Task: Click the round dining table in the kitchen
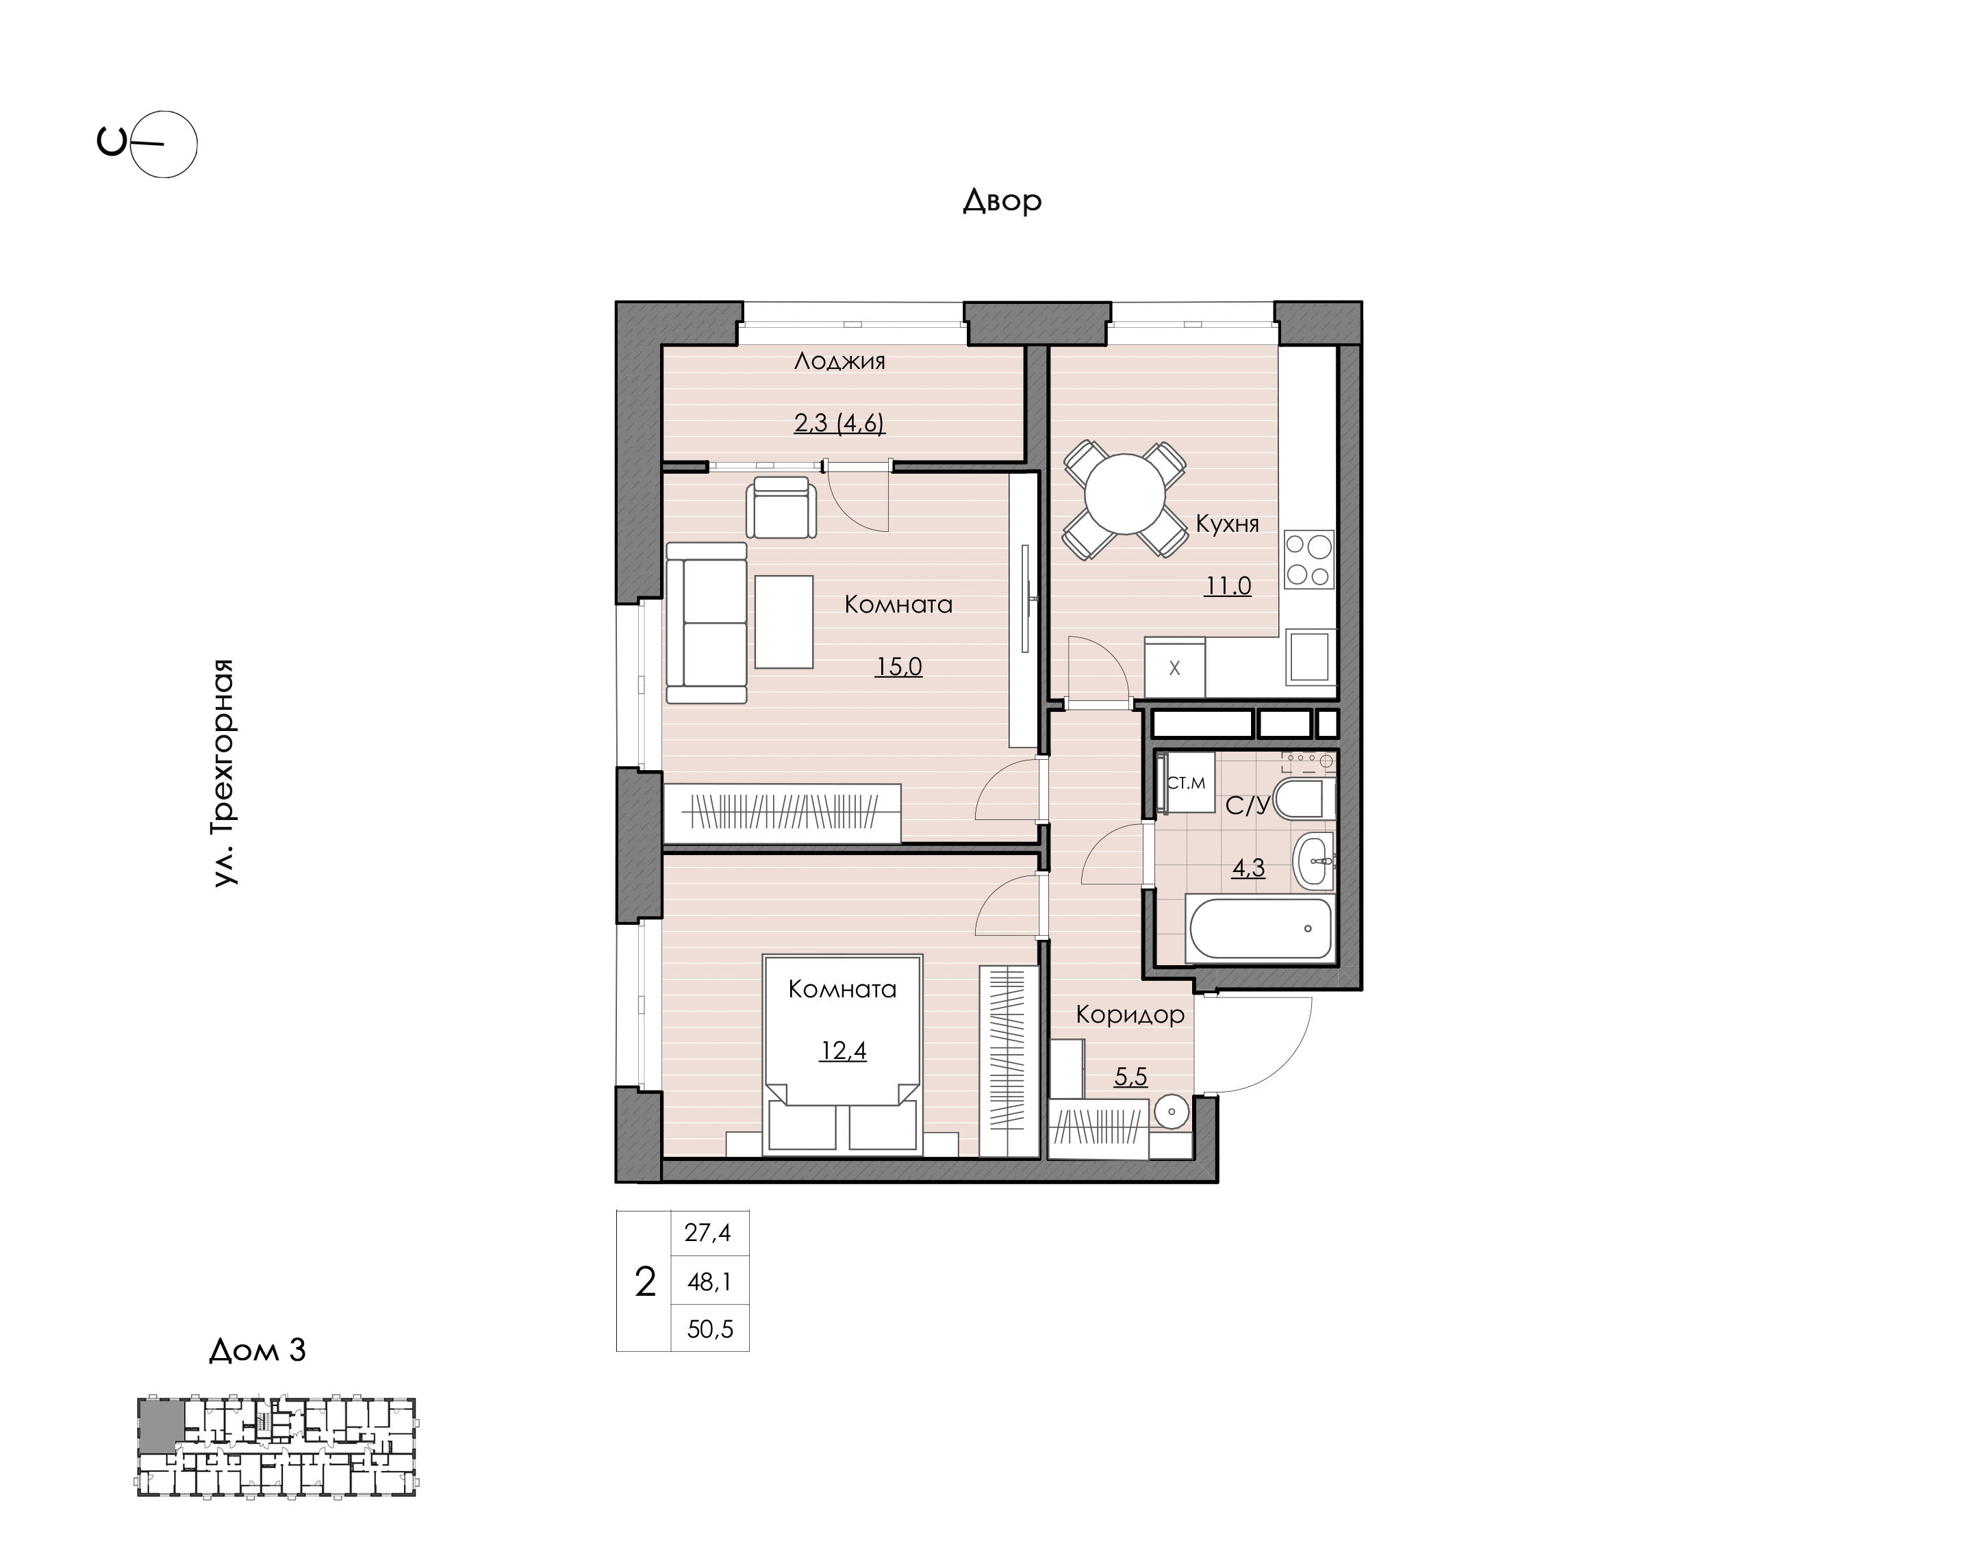pyautogui.click(x=1125, y=494)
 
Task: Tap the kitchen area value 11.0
pyautogui.click(x=1228, y=586)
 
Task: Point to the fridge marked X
pyautogui.click(x=1175, y=667)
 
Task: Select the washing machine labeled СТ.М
pyautogui.click(x=1186, y=782)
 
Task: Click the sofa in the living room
pyautogui.click(x=707, y=622)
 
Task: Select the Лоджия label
pyautogui.click(x=839, y=361)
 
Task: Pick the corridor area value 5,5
pyautogui.click(x=1130, y=1077)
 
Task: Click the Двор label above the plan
pyautogui.click(x=1002, y=200)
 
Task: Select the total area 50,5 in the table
pyautogui.click(x=710, y=1329)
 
